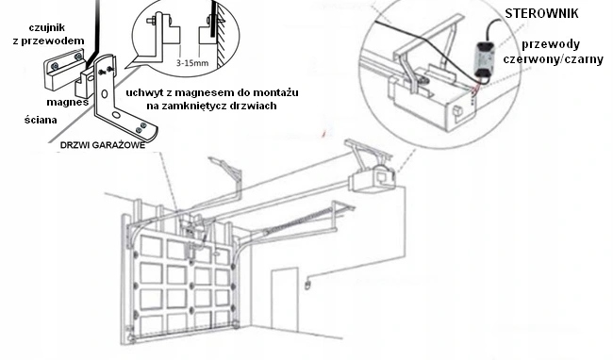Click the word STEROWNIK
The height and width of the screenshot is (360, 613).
click(x=541, y=14)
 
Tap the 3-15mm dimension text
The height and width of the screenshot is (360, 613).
click(x=192, y=63)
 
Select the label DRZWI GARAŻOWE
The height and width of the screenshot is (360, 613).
click(x=103, y=145)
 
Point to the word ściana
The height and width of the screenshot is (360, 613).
click(x=41, y=120)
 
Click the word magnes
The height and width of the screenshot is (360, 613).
click(x=67, y=103)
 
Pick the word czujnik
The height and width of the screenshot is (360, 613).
click(x=47, y=28)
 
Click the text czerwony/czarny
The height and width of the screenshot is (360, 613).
click(x=553, y=59)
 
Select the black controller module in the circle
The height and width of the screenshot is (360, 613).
click(x=484, y=59)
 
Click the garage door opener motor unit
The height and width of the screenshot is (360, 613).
click(x=372, y=179)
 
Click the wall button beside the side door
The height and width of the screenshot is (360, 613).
click(x=308, y=285)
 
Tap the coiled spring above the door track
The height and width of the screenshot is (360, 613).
click(x=297, y=222)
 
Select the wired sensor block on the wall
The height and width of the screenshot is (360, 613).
click(x=64, y=69)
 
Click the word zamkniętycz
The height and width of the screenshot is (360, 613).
click(x=208, y=106)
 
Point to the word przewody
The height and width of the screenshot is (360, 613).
click(x=551, y=44)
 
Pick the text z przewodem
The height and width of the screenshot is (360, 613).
click(x=48, y=41)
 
